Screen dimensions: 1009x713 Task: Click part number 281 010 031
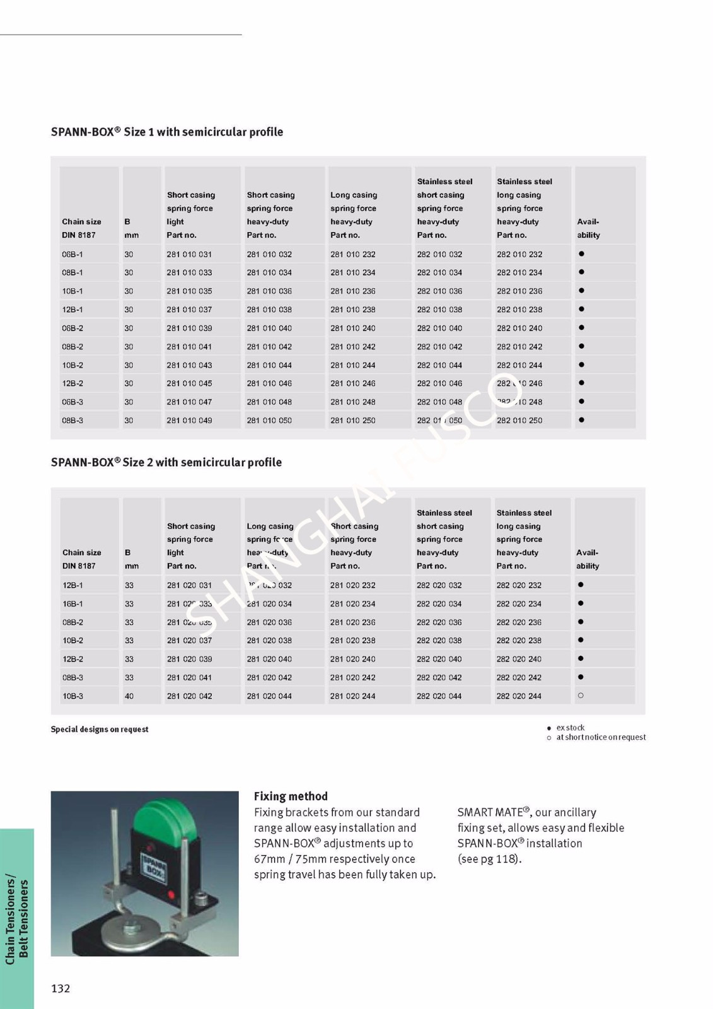pyautogui.click(x=189, y=255)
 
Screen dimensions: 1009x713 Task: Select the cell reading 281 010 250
pyautogui.click(x=352, y=421)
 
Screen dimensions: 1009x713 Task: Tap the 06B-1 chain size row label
pyautogui.click(x=72, y=255)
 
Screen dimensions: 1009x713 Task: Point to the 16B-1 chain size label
pyautogui.click(x=72, y=604)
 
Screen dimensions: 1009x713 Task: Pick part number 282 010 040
pyautogui.click(x=439, y=329)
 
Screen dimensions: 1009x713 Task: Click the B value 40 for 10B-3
pyautogui.click(x=129, y=696)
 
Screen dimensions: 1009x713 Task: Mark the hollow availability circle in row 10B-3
pyautogui.click(x=581, y=696)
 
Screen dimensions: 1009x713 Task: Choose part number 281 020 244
pyautogui.click(x=352, y=696)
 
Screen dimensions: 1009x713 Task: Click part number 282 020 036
pyautogui.click(x=439, y=622)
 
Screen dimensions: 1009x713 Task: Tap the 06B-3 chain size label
pyautogui.click(x=72, y=402)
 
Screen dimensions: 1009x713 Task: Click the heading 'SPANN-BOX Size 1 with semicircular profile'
pyautogui.click(x=167, y=132)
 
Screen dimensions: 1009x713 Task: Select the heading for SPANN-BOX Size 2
pyautogui.click(x=166, y=463)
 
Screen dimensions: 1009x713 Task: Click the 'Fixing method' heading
pyautogui.click(x=291, y=796)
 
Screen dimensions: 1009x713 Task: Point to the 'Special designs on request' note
pyautogui.click(x=100, y=730)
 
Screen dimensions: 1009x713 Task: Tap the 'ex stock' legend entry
pyautogui.click(x=570, y=728)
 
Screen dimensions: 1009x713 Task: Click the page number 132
pyautogui.click(x=61, y=988)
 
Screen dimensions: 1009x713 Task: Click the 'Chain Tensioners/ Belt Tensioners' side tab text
pyautogui.click(x=17, y=918)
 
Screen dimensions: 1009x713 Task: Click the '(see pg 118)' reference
pyautogui.click(x=489, y=859)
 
